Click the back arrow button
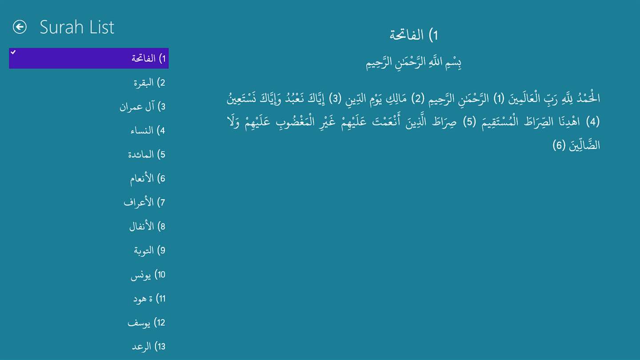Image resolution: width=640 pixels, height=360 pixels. click(20, 27)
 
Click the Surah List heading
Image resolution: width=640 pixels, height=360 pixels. click(77, 28)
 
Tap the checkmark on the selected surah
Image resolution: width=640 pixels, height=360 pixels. click(13, 52)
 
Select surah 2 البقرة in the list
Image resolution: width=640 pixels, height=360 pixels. click(149, 83)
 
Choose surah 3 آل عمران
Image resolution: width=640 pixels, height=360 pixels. click(143, 107)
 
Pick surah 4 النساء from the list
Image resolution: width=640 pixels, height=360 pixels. click(148, 131)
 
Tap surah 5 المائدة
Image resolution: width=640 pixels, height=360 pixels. click(147, 155)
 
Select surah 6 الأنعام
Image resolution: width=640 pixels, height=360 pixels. click(148, 179)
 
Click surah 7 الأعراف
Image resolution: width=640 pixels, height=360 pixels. click(144, 202)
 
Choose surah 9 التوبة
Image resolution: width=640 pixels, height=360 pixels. click(150, 251)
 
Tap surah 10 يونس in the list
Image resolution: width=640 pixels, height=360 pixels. click(148, 275)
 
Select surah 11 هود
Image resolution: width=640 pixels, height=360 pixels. click(149, 299)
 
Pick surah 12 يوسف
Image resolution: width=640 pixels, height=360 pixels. click(147, 323)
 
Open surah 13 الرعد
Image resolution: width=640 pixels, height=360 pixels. click(148, 347)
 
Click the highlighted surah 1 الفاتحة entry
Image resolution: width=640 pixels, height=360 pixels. click(89, 58)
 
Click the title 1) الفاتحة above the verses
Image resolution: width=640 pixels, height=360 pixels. click(414, 35)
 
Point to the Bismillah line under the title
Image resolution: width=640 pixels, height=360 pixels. click(414, 63)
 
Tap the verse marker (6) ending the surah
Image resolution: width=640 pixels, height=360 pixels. click(559, 145)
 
